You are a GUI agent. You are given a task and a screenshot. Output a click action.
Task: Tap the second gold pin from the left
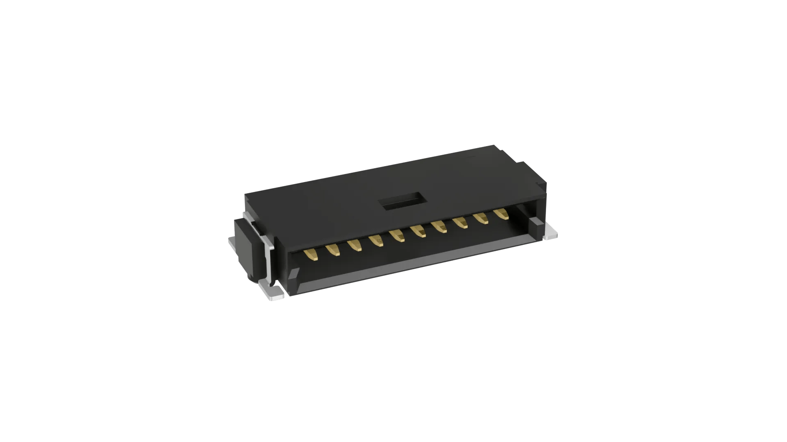point(333,250)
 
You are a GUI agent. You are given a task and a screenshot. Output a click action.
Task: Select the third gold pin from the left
point(355,245)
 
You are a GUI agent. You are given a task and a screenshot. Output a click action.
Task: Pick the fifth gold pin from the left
point(397,236)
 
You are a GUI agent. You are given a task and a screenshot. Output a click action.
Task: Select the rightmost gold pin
point(501,214)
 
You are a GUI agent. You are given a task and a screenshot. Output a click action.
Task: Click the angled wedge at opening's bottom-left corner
point(297,282)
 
